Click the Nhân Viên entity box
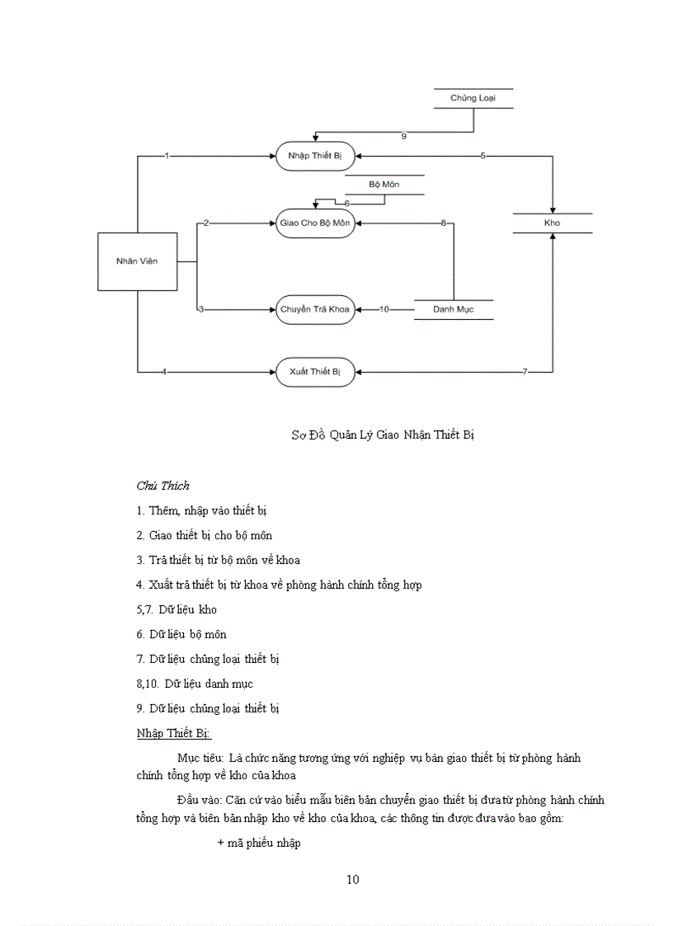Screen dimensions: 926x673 tap(137, 261)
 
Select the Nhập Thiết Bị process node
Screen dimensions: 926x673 tap(314, 156)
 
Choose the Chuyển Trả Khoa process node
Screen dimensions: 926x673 tap(314, 309)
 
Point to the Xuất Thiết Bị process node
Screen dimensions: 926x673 tap(314, 372)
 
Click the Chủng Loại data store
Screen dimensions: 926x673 tap(473, 99)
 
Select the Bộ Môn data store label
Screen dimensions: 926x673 tap(384, 185)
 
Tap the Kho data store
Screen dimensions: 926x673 tap(552, 223)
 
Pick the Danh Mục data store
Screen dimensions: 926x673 tap(453, 309)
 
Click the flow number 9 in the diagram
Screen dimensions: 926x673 tap(403, 136)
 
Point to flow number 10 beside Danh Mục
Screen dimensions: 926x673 tap(384, 309)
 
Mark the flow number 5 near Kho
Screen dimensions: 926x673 tap(482, 156)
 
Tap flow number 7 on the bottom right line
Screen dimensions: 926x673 tap(525, 372)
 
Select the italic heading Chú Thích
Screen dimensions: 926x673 tap(162, 486)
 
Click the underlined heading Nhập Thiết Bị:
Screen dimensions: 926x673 tap(174, 733)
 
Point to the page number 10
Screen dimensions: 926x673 tap(352, 879)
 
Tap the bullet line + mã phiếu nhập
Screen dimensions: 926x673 tap(258, 843)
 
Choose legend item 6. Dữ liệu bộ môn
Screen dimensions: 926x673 tap(181, 634)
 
